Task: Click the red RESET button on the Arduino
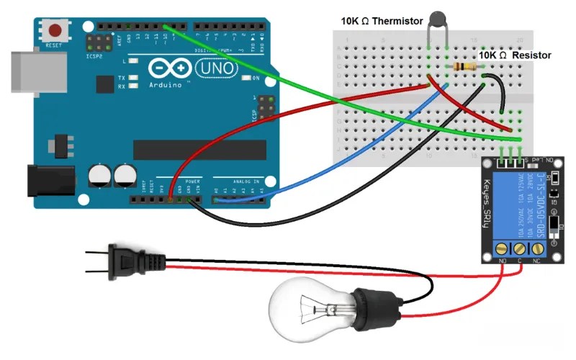[55, 31]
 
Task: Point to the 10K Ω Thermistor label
[382, 21]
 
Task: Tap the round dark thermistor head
[437, 19]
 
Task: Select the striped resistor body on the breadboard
[466, 67]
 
